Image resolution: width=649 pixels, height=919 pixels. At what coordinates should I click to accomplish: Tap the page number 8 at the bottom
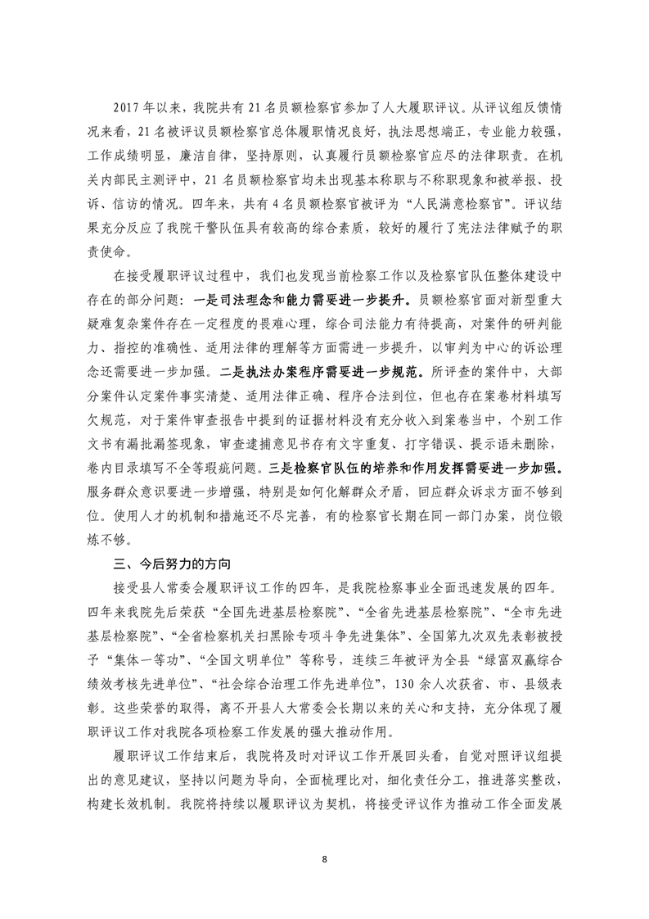(x=325, y=859)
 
